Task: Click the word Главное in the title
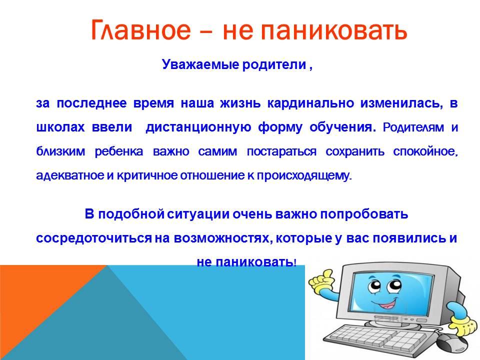[140, 30]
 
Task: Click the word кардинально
[310, 103]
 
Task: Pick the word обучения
[342, 127]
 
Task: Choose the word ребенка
[119, 151]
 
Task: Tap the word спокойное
[425, 151]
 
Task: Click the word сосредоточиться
[93, 238]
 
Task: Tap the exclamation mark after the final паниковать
[295, 262]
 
